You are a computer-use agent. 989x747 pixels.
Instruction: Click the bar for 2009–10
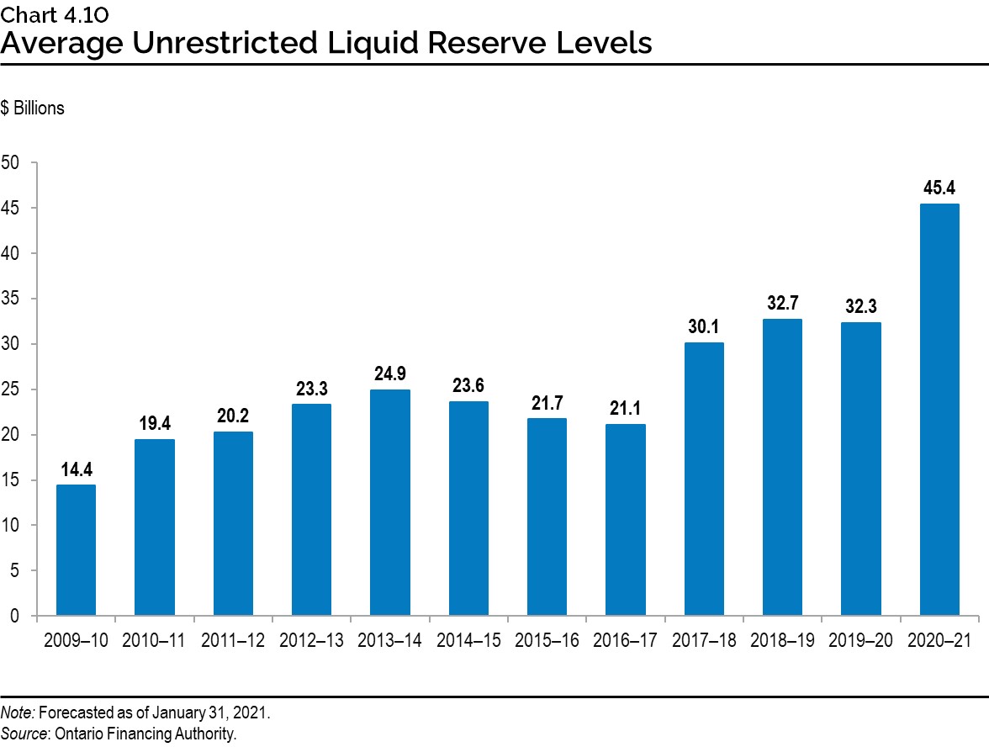pyautogui.click(x=76, y=550)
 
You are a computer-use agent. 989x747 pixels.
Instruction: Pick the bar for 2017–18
pyautogui.click(x=704, y=479)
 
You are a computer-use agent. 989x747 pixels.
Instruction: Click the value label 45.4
pyautogui.click(x=939, y=188)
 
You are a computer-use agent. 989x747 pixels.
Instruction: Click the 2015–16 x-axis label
pyautogui.click(x=547, y=641)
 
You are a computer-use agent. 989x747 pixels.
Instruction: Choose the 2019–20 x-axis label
pyautogui.click(x=861, y=641)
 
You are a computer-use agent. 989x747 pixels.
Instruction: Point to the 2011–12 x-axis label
pyautogui.click(x=233, y=641)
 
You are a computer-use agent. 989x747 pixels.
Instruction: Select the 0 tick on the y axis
pyautogui.click(x=14, y=616)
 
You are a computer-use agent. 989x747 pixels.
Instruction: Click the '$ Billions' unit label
pyautogui.click(x=33, y=109)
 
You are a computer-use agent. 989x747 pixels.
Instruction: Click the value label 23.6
pyautogui.click(x=468, y=385)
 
